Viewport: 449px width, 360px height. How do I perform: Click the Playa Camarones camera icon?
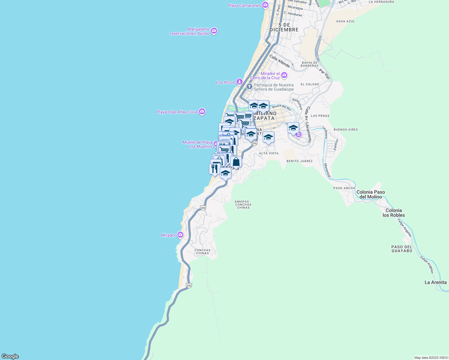click(x=265, y=5)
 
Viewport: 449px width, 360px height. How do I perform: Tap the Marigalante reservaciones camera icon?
click(x=214, y=31)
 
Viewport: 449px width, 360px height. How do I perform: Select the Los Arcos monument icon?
click(x=239, y=82)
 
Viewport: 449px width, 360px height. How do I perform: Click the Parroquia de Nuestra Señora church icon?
click(x=249, y=87)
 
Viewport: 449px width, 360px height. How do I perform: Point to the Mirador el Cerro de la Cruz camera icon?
click(x=284, y=75)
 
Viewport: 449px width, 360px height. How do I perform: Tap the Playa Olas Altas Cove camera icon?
click(x=202, y=112)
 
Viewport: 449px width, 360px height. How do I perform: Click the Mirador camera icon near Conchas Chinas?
click(x=180, y=235)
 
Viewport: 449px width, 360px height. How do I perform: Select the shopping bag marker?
click(x=236, y=162)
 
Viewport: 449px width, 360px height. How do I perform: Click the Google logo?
click(x=10, y=356)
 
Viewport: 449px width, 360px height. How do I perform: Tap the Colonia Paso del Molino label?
click(x=370, y=194)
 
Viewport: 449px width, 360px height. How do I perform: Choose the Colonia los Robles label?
click(x=393, y=213)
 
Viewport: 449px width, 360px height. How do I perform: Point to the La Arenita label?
click(x=435, y=282)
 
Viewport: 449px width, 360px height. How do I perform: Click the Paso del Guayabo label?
click(x=402, y=249)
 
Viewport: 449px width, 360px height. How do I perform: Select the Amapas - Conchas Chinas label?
click(x=243, y=205)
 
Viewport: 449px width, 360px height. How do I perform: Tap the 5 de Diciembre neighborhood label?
click(x=284, y=27)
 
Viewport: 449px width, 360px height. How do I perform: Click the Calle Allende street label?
click(x=279, y=61)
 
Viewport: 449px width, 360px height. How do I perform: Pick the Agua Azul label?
click(x=345, y=21)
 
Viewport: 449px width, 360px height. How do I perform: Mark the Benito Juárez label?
click(x=300, y=161)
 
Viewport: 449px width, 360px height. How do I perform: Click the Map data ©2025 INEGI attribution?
click(x=431, y=358)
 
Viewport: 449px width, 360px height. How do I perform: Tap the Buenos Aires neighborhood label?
click(x=346, y=130)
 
